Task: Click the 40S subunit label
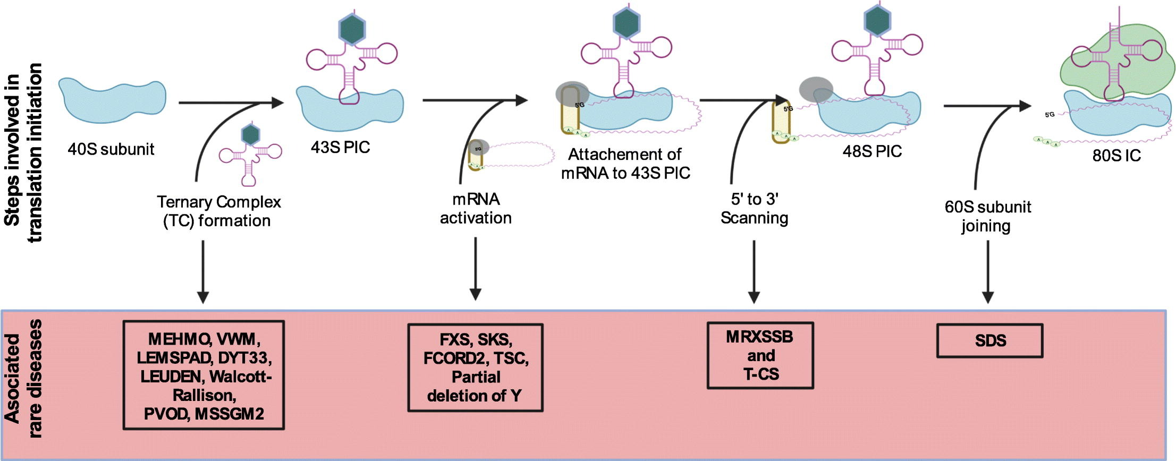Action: point(111,149)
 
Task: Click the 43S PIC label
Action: point(340,147)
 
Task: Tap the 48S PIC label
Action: point(872,151)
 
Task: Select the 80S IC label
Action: point(1116,156)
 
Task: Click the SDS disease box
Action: point(989,340)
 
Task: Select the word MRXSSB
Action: point(759,337)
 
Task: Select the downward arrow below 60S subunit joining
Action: point(987,271)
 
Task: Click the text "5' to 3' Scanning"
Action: point(754,209)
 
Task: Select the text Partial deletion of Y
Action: point(475,386)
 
